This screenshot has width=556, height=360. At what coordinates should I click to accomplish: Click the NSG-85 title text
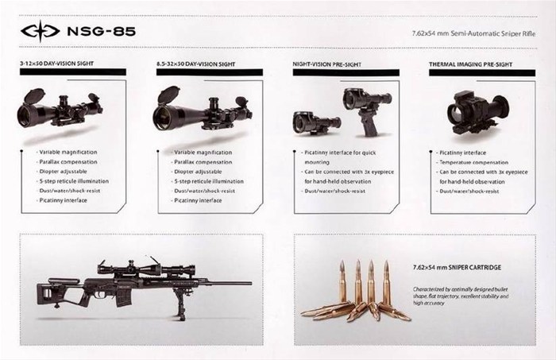pos(99,33)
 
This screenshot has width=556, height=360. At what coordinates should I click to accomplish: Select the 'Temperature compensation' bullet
pos(474,161)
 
